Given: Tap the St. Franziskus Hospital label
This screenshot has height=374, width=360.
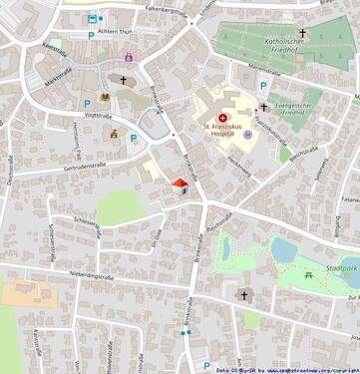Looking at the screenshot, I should [x=220, y=126].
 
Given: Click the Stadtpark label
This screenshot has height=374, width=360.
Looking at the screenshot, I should [x=340, y=267].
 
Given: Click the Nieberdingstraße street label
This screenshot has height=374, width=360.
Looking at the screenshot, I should [x=93, y=277].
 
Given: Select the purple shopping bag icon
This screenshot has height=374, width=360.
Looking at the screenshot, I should [x=130, y=57].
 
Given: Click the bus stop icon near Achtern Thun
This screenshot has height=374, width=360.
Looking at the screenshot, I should [x=94, y=17].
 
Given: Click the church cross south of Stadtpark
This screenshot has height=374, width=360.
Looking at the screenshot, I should [x=243, y=294].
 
